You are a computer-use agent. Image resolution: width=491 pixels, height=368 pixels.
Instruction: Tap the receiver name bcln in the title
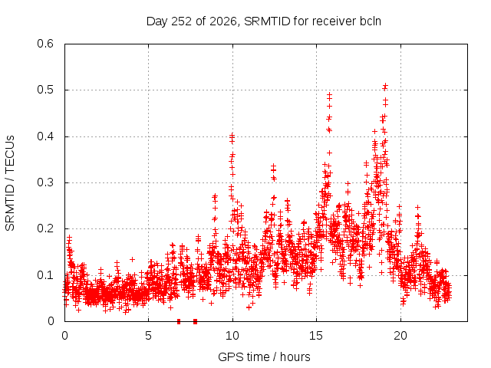(370, 21)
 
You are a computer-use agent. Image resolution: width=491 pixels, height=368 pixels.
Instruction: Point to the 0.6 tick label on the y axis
(45, 44)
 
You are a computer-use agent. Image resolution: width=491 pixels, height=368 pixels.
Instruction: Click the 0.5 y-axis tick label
(45, 90)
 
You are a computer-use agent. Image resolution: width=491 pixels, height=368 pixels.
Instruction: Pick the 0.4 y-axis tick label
(45, 136)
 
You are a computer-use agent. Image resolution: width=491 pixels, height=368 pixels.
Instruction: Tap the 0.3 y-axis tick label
(45, 182)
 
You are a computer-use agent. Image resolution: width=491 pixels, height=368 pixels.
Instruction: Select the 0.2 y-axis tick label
(45, 228)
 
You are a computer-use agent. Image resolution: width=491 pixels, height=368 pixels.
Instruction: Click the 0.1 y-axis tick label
(45, 275)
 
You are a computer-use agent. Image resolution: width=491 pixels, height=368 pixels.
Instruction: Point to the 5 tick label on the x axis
(148, 336)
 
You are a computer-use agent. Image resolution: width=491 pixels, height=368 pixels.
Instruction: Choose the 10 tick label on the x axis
(232, 336)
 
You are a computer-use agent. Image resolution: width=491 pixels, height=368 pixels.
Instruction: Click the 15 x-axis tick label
(316, 336)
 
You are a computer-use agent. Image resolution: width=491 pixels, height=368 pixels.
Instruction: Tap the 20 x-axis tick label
(400, 336)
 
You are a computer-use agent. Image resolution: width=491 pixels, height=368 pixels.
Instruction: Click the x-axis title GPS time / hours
(264, 356)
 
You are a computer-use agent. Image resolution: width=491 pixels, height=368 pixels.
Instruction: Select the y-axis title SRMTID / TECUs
(10, 183)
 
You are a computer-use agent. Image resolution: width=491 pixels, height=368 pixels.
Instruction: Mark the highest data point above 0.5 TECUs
(385, 85)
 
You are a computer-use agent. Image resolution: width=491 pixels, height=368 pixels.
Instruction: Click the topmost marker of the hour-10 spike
(232, 135)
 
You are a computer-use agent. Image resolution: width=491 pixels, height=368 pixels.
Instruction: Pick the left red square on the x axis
(179, 321)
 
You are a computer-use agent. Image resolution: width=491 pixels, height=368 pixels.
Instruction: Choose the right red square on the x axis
(195, 321)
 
